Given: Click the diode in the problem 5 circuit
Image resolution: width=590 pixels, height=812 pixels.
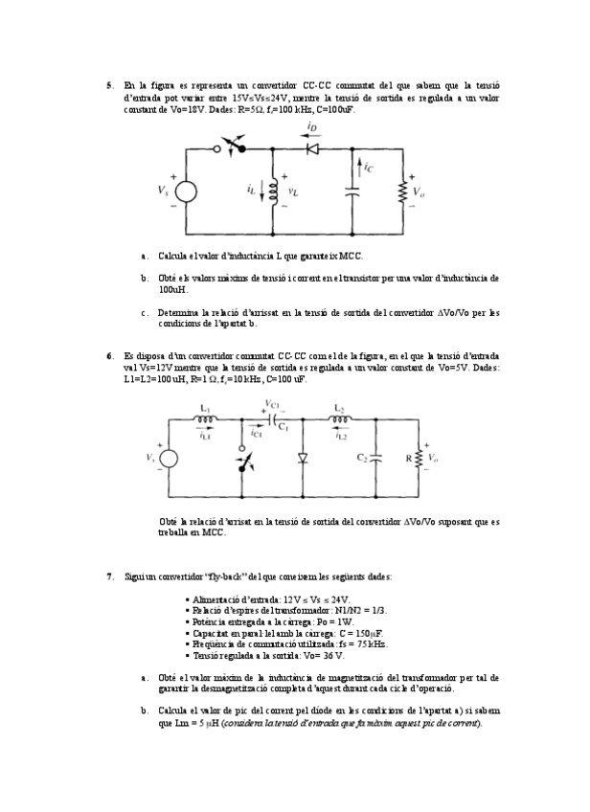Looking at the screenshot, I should tap(311, 148).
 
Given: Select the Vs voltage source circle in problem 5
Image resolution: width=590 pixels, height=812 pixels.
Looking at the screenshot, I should tap(186, 192).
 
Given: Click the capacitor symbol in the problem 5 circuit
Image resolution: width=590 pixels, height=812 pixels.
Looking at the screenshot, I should tap(352, 191).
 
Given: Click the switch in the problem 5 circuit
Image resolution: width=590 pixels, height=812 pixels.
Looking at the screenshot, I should tap(232, 147).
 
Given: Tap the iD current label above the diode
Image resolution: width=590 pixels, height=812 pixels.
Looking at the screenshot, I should tap(312, 128).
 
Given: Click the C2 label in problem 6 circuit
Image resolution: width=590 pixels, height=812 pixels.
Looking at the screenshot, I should tap(362, 458).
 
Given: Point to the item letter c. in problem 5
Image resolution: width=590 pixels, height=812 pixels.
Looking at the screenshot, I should tap(144, 312).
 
